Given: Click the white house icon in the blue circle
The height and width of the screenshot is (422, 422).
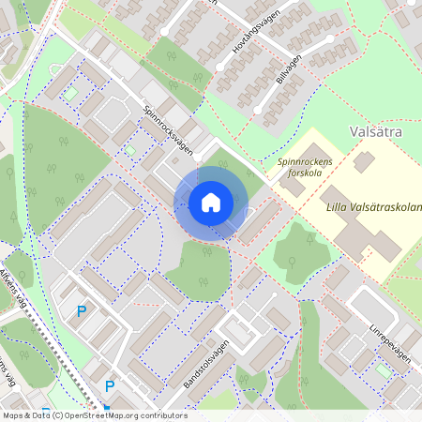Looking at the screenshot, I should [x=211, y=203].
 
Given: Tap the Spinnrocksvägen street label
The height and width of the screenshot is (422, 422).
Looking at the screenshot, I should [x=169, y=132].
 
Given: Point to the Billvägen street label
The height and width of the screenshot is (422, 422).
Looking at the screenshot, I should [x=290, y=71].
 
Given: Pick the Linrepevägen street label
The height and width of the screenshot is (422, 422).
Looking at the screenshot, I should [x=389, y=336].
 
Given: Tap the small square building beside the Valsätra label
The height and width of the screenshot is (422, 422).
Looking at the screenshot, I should [x=363, y=161].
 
